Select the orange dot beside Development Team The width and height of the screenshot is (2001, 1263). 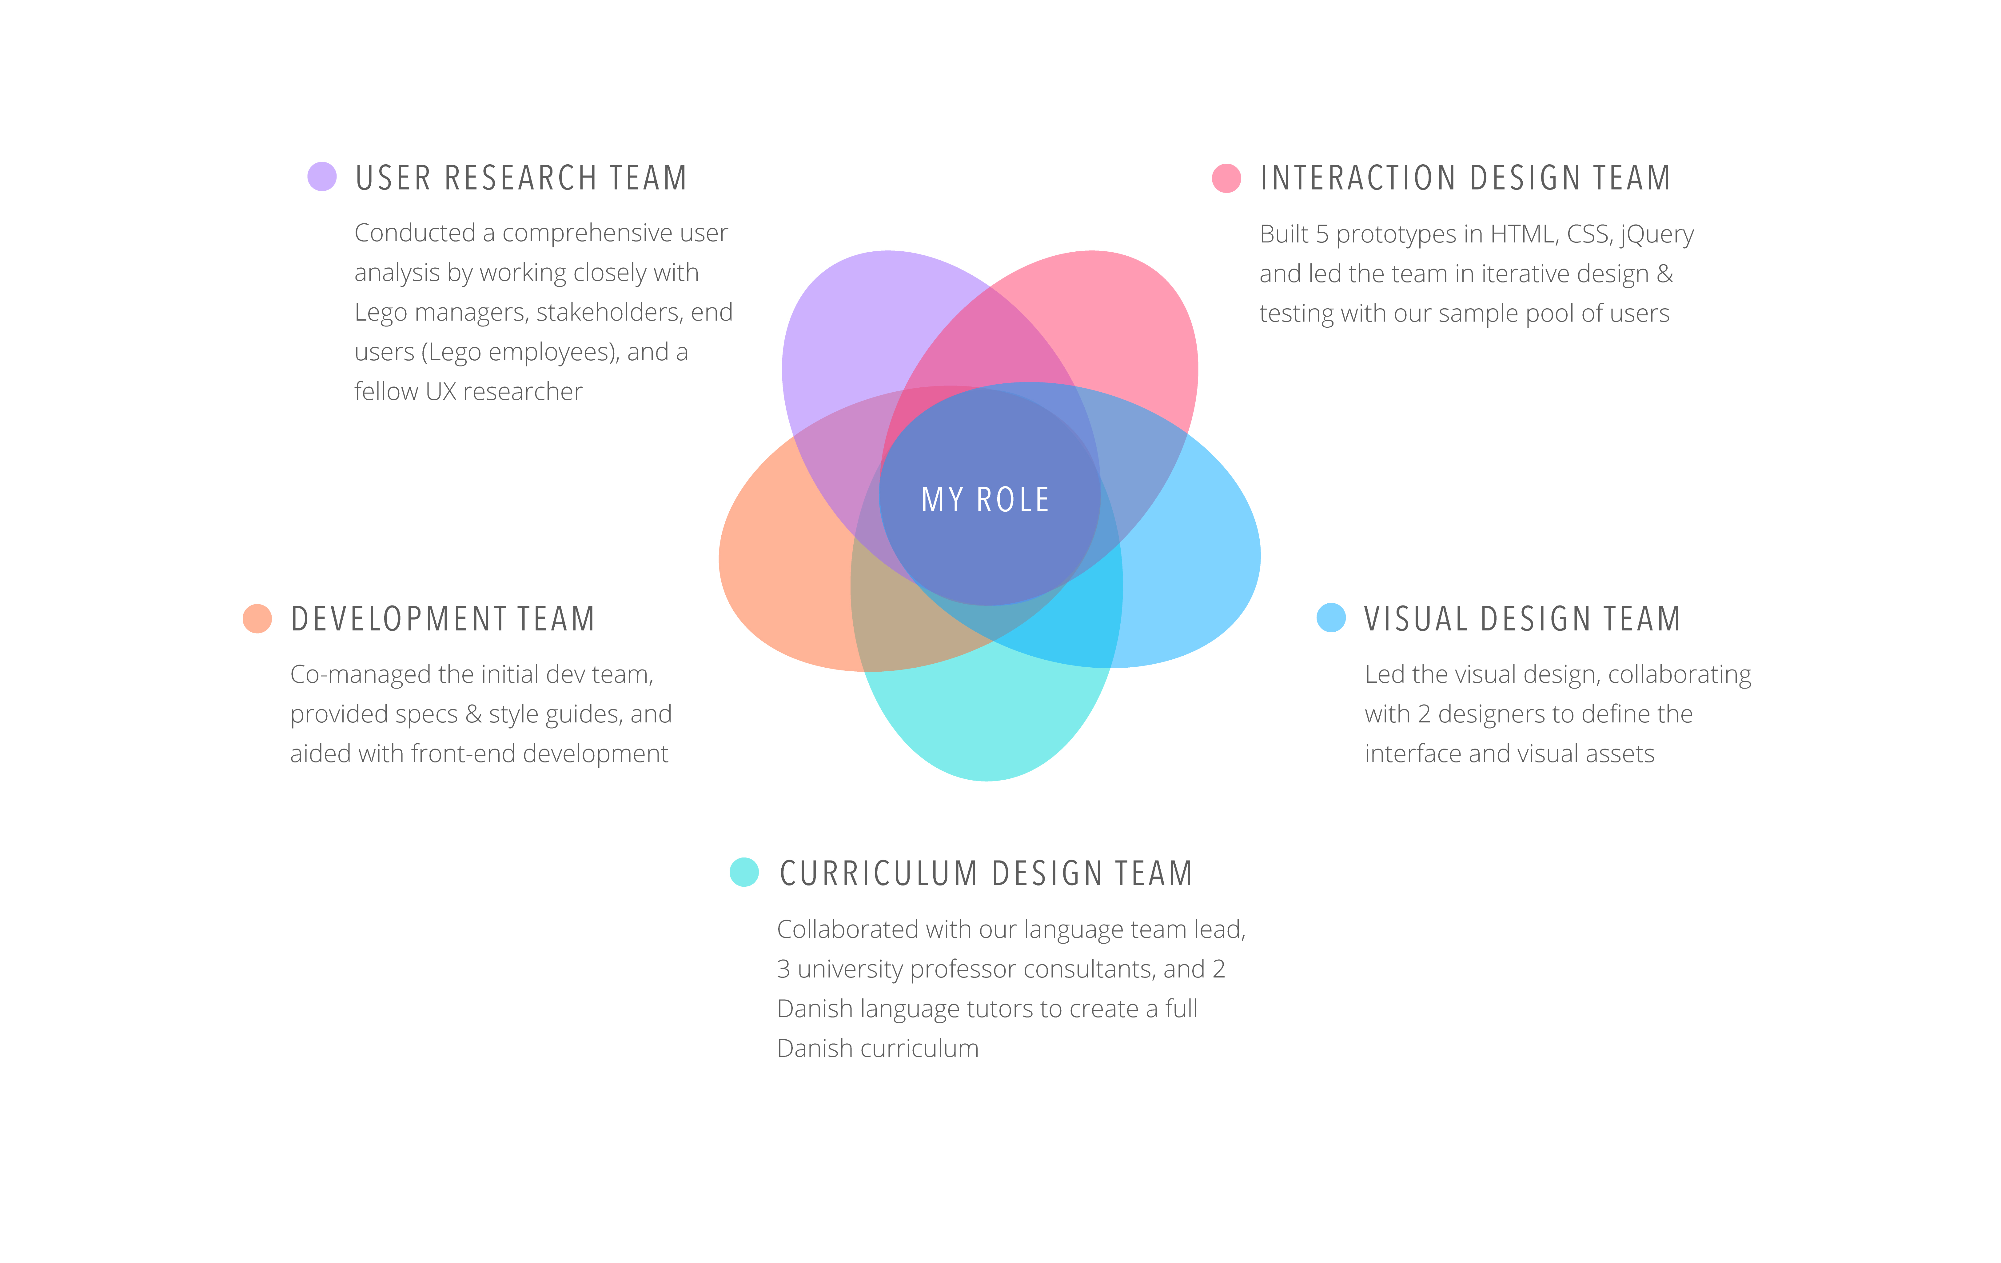tap(257, 618)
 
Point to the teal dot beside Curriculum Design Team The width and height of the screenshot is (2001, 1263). tap(744, 872)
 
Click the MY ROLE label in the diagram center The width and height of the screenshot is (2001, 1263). tap(986, 499)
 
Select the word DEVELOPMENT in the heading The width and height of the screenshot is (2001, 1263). tap(399, 619)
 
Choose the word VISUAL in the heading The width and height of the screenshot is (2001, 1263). tap(1416, 619)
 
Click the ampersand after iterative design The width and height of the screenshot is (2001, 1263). tap(1664, 274)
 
